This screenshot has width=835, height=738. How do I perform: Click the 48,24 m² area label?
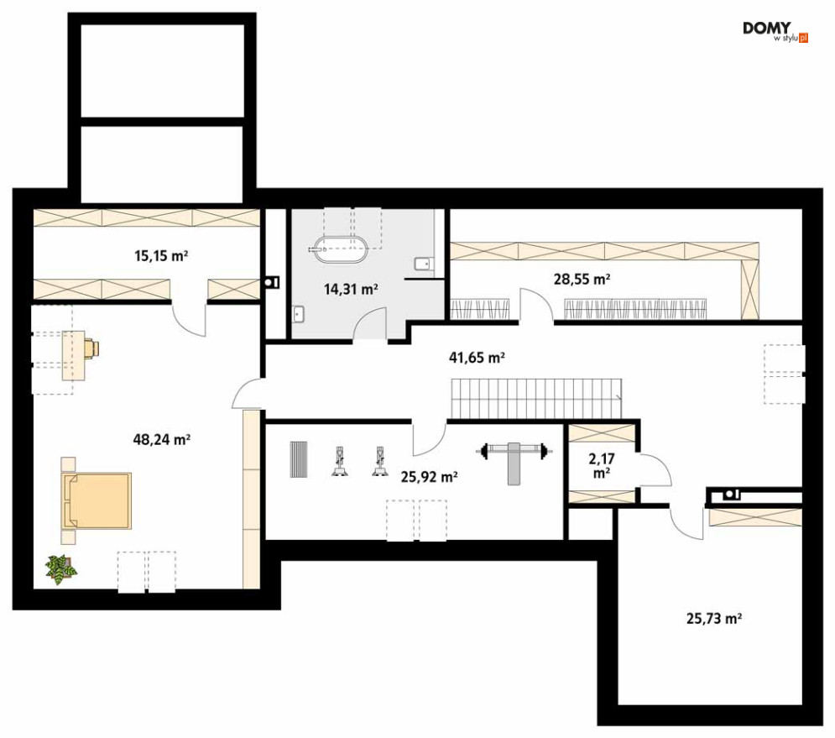click(x=162, y=440)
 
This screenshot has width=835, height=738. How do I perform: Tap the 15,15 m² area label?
click(x=161, y=256)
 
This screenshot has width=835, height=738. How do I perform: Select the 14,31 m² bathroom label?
click(x=351, y=290)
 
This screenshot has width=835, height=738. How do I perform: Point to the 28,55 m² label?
click(x=582, y=279)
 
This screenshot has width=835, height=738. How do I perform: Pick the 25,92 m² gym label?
click(x=429, y=476)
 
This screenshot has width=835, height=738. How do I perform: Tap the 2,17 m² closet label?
click(x=602, y=466)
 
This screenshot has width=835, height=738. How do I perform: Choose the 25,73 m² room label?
click(x=714, y=618)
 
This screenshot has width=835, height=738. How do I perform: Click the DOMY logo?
click(x=775, y=31)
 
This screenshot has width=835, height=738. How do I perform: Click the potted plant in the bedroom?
click(x=61, y=569)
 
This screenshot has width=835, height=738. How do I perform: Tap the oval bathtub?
click(x=341, y=249)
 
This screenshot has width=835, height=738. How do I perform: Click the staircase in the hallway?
click(x=537, y=399)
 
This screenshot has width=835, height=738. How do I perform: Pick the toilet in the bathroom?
click(x=424, y=264)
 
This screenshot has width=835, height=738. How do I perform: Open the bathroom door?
click(x=369, y=323)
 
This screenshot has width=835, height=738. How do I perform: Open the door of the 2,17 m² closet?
click(x=655, y=470)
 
